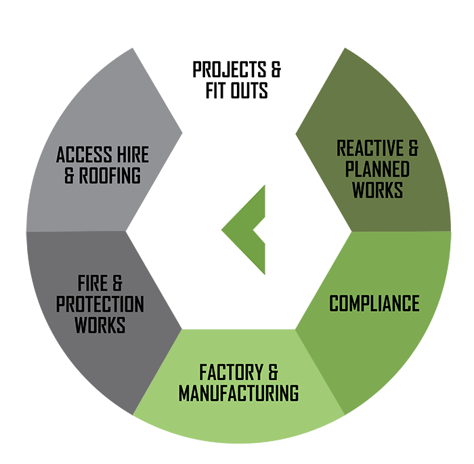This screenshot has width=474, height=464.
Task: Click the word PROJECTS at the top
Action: (230, 69)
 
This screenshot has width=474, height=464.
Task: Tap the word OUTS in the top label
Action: (249, 90)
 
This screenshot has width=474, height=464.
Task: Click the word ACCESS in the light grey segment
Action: (84, 154)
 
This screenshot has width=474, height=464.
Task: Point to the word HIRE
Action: (133, 154)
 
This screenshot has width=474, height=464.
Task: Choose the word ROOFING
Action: (110, 175)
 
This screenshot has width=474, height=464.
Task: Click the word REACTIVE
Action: (370, 148)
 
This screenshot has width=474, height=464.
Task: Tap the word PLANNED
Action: (377, 169)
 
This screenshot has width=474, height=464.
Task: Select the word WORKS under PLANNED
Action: (378, 190)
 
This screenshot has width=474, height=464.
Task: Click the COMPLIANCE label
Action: (374, 303)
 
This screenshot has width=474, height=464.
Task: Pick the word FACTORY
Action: (232, 372)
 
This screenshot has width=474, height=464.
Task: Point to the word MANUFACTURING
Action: (239, 393)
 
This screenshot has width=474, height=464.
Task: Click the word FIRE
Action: (93, 283)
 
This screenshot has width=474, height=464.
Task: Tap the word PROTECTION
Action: (100, 304)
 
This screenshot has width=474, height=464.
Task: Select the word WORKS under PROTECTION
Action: (100, 325)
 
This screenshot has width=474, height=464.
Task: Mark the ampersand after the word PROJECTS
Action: (276, 69)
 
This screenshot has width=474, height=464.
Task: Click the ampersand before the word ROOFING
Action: (69, 175)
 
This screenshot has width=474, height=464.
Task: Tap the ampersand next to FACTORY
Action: (273, 372)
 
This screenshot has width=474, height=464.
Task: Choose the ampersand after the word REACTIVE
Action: (413, 148)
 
